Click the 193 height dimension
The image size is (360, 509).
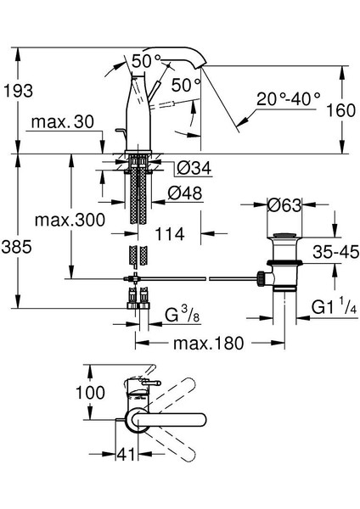click(x=18, y=91)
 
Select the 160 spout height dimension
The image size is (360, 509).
click(x=340, y=110)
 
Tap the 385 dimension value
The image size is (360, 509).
click(x=16, y=247)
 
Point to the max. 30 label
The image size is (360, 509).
click(x=62, y=122)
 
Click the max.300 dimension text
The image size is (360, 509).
click(x=70, y=220)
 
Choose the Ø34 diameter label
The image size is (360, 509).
click(x=194, y=168)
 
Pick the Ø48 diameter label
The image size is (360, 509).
click(x=185, y=193)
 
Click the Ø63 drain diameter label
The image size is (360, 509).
click(x=284, y=205)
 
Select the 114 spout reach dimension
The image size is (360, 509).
click(x=170, y=234)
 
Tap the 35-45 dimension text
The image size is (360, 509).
click(x=336, y=252)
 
